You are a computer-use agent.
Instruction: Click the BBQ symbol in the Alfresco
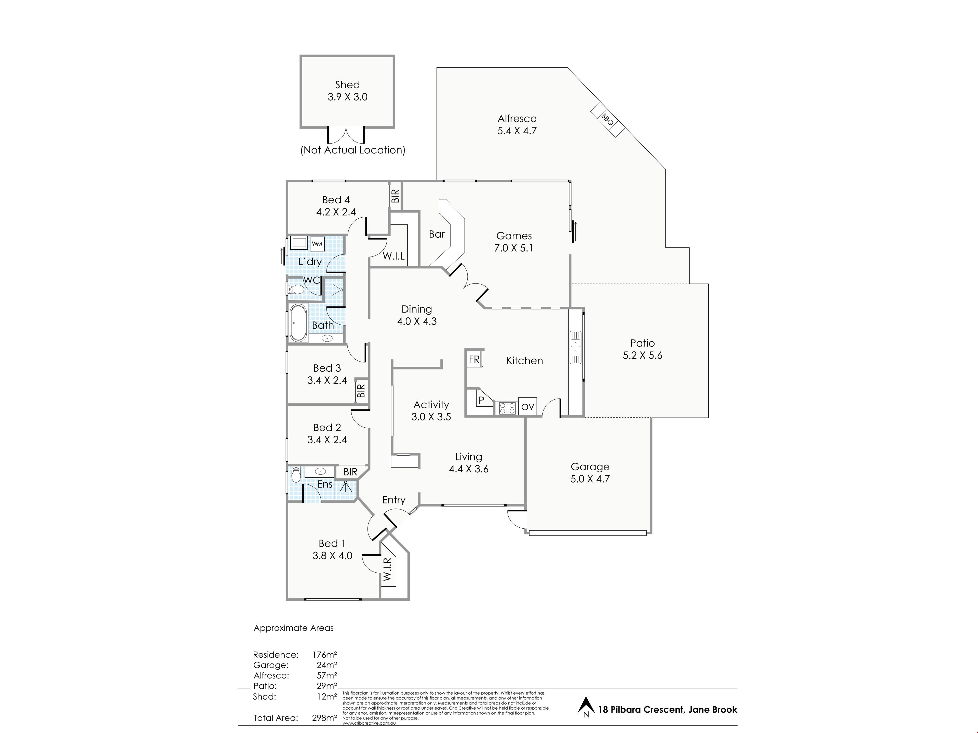pos(607,120)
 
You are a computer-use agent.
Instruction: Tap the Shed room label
pos(347,84)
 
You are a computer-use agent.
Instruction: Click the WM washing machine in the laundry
pos(317,244)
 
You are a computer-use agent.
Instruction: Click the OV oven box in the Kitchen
pos(527,406)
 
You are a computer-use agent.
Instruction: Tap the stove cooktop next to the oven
pos(507,407)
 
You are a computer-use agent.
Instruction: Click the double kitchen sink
pos(575,347)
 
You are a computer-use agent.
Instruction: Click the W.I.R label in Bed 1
pos(387,570)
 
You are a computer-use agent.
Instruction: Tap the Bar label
pos(437,234)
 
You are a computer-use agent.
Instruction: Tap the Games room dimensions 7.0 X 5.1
pos(514,248)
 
